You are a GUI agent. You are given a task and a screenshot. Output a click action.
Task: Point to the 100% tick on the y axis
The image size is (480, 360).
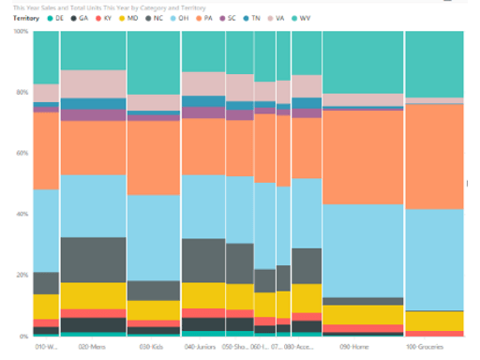(20, 32)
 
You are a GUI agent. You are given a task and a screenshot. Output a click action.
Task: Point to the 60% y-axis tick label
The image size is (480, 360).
(21, 153)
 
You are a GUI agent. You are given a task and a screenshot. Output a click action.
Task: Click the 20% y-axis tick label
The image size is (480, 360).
(21, 275)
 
